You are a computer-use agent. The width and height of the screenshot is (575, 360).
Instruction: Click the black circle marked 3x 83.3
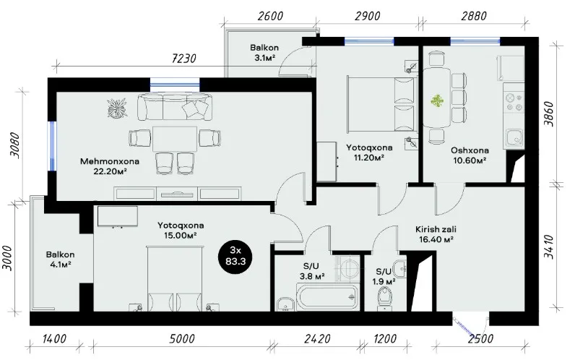tap(235, 255)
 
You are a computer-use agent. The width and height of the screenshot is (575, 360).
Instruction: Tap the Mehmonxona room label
tap(110, 161)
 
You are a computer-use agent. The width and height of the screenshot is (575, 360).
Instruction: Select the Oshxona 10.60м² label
tap(470, 155)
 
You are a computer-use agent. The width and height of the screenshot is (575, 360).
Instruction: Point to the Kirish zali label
tap(436, 229)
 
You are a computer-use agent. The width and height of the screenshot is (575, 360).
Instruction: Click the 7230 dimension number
tap(183, 59)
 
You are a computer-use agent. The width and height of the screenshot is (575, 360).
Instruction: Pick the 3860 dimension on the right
tap(549, 113)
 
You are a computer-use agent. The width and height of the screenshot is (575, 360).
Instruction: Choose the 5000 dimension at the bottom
tap(182, 339)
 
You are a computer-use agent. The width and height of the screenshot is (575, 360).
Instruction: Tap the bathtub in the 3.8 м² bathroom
tap(327, 298)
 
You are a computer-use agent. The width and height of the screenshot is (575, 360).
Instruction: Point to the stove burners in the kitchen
tap(514, 103)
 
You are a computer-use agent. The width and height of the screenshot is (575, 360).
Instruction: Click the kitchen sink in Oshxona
tap(514, 138)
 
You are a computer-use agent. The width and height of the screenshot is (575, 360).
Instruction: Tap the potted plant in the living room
tap(118, 108)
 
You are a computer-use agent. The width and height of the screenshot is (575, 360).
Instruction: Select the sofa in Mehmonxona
tap(175, 106)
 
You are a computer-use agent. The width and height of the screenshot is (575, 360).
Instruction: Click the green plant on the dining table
tap(437, 101)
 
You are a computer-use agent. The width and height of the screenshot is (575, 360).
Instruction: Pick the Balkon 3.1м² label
tap(264, 53)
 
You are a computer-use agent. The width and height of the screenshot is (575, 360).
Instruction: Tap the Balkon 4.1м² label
tap(60, 259)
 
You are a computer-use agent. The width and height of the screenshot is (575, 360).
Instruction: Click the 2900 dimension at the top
tap(368, 16)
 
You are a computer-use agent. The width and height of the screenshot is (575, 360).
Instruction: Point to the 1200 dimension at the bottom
tap(385, 339)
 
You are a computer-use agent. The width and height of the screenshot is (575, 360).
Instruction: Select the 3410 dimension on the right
tap(549, 247)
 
